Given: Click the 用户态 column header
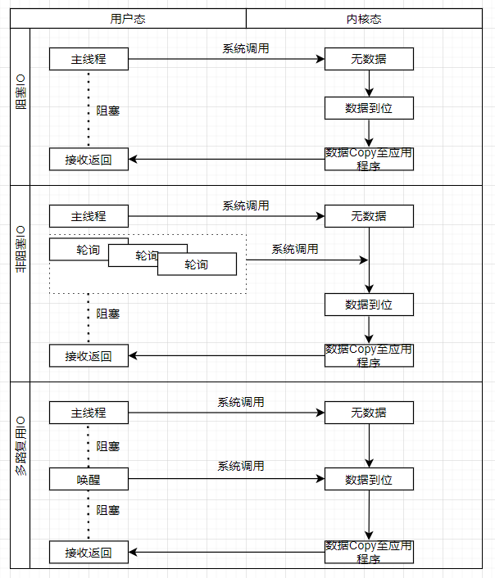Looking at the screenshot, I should pos(129,19).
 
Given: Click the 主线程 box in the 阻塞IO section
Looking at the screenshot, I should pos(89,59).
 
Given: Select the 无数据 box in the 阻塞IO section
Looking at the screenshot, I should pos(369,59).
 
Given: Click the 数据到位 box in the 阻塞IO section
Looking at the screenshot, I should pos(369,108).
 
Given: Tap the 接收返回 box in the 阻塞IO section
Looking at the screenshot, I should pos(89,160).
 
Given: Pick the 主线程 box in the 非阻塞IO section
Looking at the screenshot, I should pos(89,216).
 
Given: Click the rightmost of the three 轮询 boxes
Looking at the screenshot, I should pos(197,264).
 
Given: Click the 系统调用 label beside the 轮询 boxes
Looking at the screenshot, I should pos(295,249).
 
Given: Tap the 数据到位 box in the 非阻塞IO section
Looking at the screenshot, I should pos(369,305).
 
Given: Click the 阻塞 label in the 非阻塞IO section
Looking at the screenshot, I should pos(108,314).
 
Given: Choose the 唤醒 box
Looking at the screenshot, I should pos(89,479).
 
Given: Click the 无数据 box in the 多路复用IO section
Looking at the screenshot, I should pos(369,413).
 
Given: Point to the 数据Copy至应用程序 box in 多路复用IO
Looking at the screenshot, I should pos(369,552).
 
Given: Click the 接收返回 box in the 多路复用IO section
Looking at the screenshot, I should pos(89,553).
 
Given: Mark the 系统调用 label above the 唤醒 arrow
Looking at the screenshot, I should pos(241,466).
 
